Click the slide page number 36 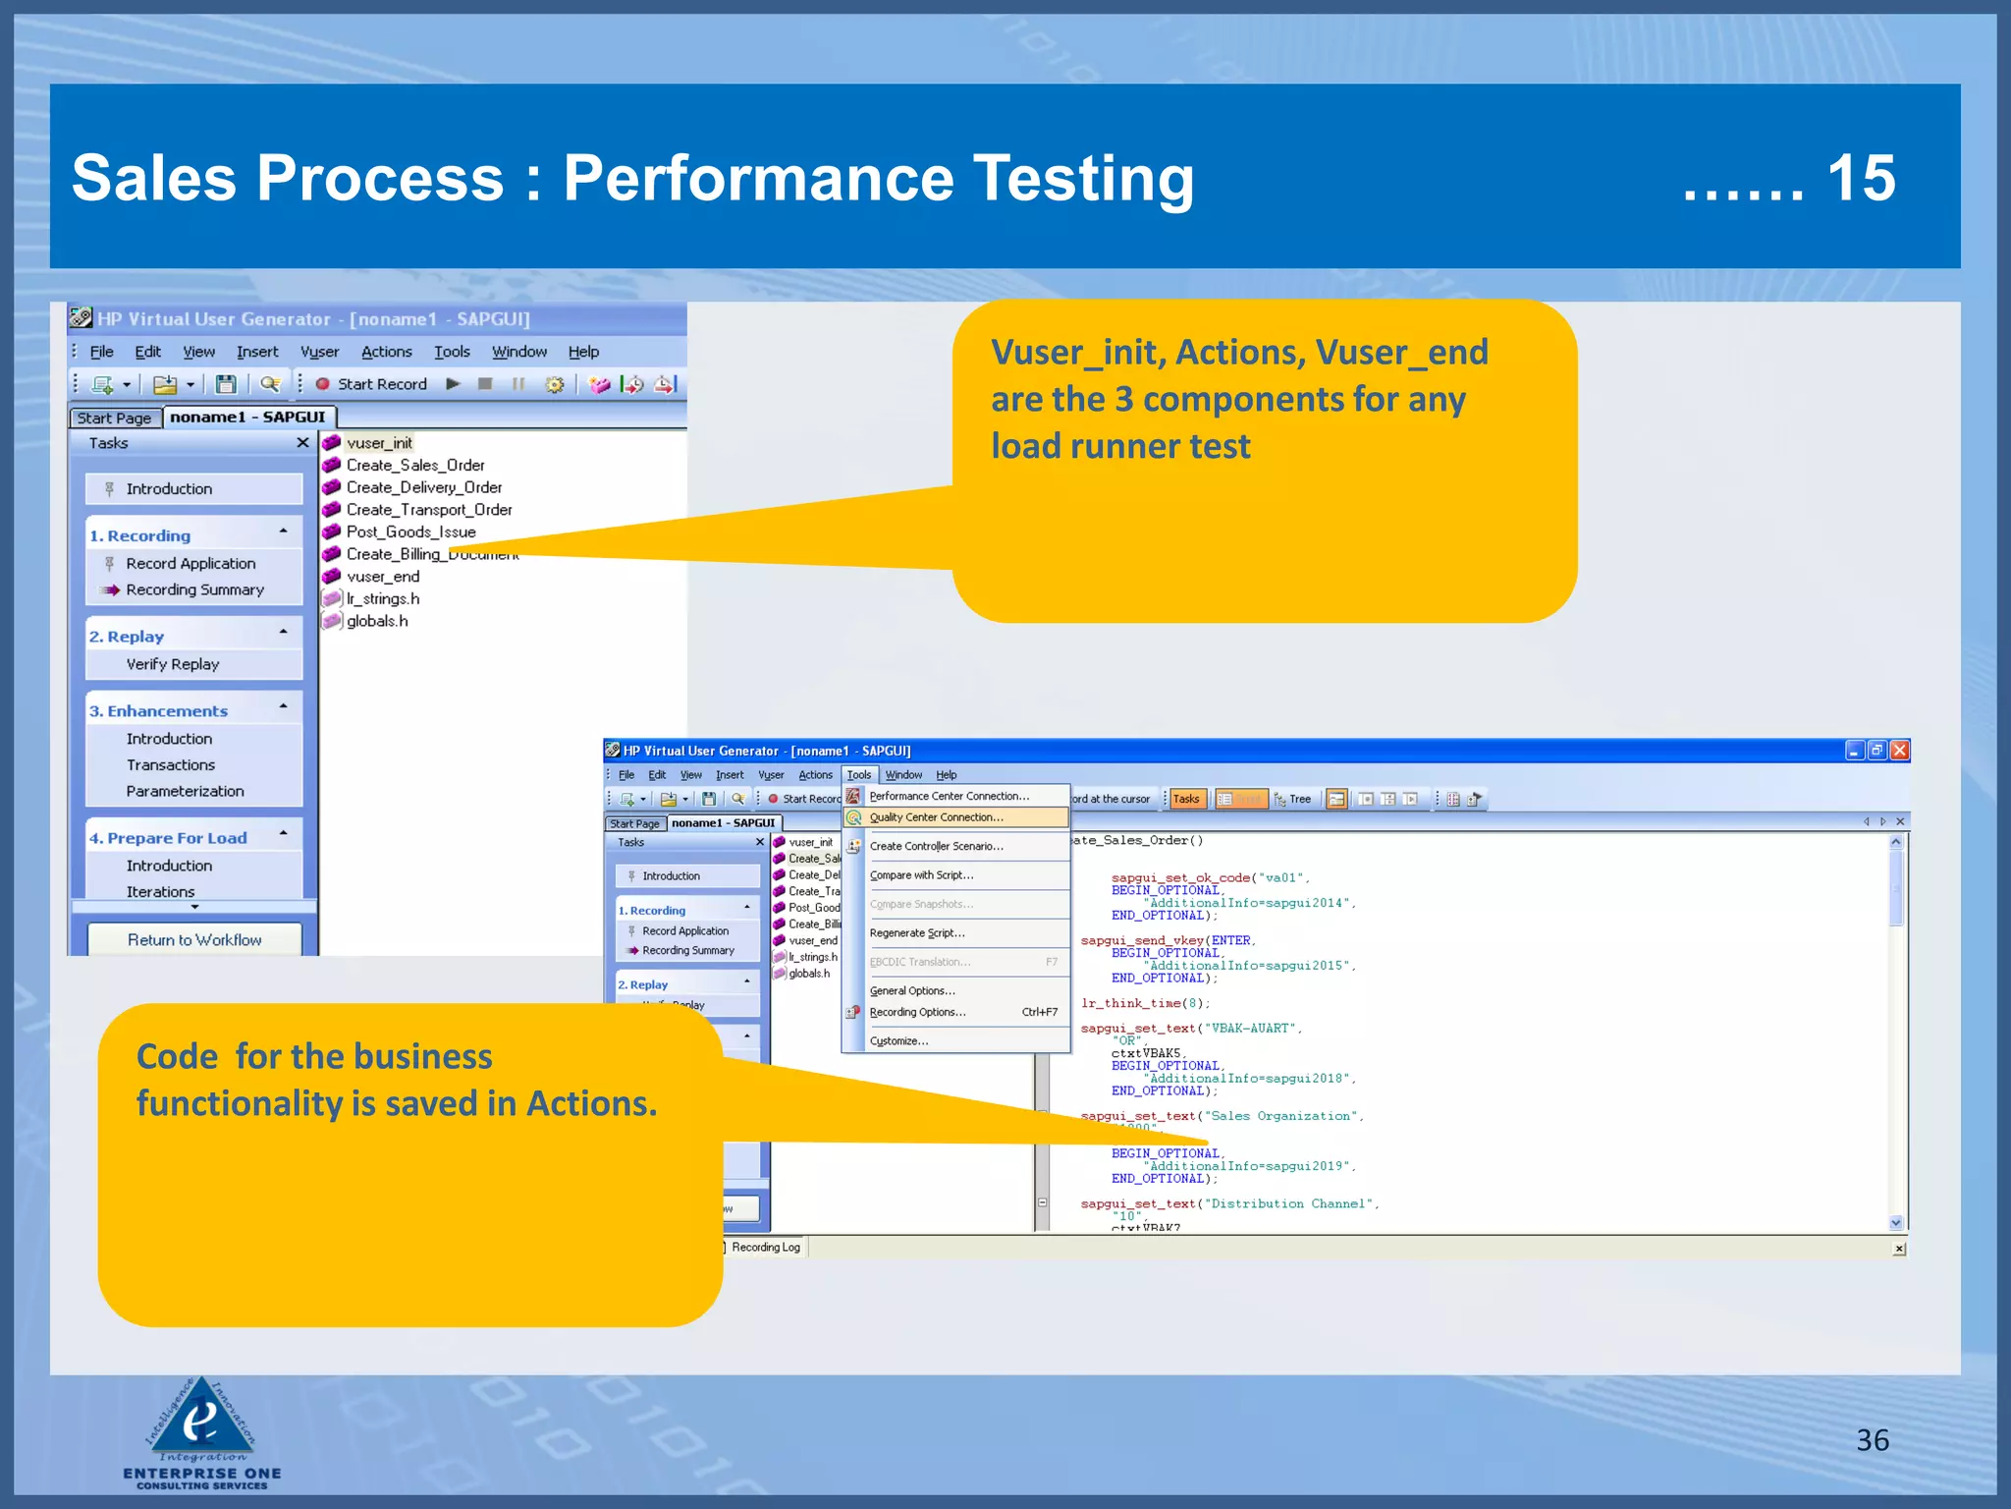pyautogui.click(x=1872, y=1440)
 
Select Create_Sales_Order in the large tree pyautogui.click(x=414, y=466)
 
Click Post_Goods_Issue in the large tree pyautogui.click(x=410, y=532)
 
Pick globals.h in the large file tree pyautogui.click(x=377, y=621)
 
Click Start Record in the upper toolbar pyautogui.click(x=381, y=384)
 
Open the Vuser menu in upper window pyautogui.click(x=319, y=352)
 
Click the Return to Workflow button pyautogui.click(x=194, y=940)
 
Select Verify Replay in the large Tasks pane pyautogui.click(x=173, y=664)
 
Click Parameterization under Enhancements pyautogui.click(x=185, y=791)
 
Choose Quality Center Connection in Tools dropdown pyautogui.click(x=936, y=817)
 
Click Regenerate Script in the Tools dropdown pyautogui.click(x=916, y=933)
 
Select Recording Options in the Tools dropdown pyautogui.click(x=917, y=1012)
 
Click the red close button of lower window pyautogui.click(x=1899, y=751)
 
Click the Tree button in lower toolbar pyautogui.click(x=1293, y=800)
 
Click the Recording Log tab pyautogui.click(x=765, y=1248)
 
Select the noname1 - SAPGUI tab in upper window pyautogui.click(x=247, y=418)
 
